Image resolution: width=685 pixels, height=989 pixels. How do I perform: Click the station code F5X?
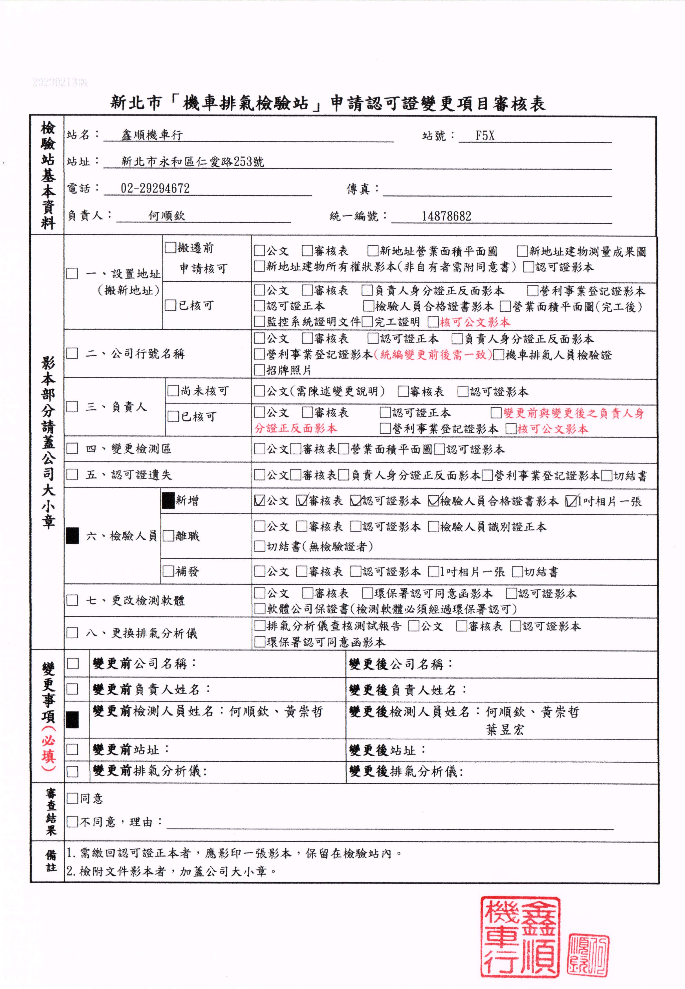[x=485, y=136]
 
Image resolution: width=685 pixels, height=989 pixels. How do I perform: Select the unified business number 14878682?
[x=446, y=216]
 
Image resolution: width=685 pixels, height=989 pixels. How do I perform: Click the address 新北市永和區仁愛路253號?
[x=193, y=162]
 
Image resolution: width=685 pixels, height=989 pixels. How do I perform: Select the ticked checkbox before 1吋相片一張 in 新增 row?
[x=571, y=501]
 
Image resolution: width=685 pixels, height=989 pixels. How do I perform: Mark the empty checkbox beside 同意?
[x=72, y=798]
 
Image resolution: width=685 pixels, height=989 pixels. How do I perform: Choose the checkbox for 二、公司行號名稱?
[x=72, y=354]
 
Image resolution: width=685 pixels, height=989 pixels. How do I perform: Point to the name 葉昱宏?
[x=505, y=730]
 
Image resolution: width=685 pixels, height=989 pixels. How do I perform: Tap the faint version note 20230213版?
[x=60, y=82]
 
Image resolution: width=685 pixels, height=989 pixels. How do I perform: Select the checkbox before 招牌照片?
[x=259, y=370]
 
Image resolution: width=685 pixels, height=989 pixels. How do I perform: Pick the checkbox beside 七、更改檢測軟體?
[x=72, y=600]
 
